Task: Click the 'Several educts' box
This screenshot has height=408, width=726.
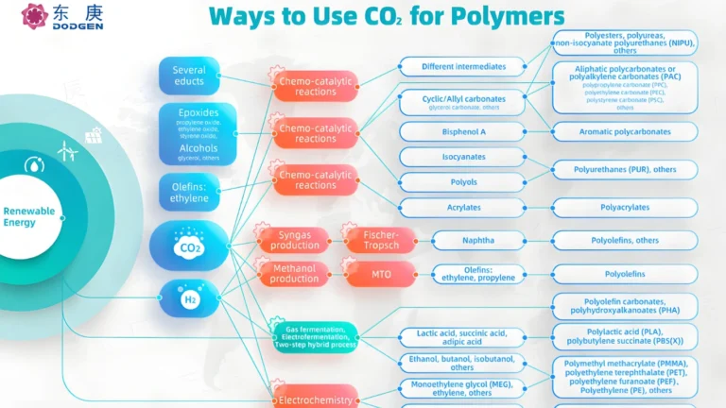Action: (x=189, y=76)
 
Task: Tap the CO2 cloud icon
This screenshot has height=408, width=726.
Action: (x=187, y=247)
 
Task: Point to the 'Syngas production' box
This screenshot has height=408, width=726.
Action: (x=295, y=240)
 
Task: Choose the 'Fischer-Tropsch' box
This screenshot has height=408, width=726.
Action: (x=379, y=240)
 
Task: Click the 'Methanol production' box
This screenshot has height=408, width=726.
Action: (x=295, y=274)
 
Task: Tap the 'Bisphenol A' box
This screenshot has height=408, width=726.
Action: (x=462, y=131)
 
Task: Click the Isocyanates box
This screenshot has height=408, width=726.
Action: (x=462, y=157)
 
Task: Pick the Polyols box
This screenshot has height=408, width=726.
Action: (x=462, y=182)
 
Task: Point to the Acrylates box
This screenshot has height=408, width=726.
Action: (x=462, y=208)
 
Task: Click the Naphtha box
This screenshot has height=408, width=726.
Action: (x=478, y=240)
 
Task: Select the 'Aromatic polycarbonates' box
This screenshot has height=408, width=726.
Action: (x=624, y=131)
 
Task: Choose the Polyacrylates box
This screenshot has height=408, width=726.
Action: (x=624, y=208)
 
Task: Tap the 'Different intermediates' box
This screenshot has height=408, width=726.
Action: (x=462, y=66)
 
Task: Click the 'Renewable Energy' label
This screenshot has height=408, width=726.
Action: (x=29, y=216)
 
